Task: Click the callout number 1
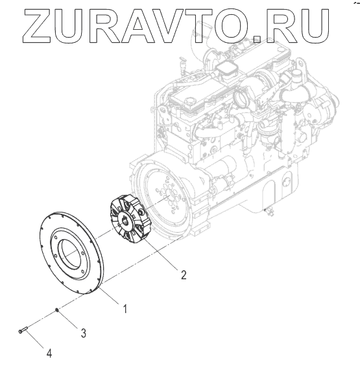[125, 308]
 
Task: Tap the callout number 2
[184, 275]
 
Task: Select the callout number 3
[84, 333]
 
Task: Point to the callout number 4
[49, 353]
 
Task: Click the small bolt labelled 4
[23, 329]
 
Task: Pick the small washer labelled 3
[56, 310]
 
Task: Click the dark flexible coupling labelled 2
[128, 218]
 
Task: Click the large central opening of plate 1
[70, 253]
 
